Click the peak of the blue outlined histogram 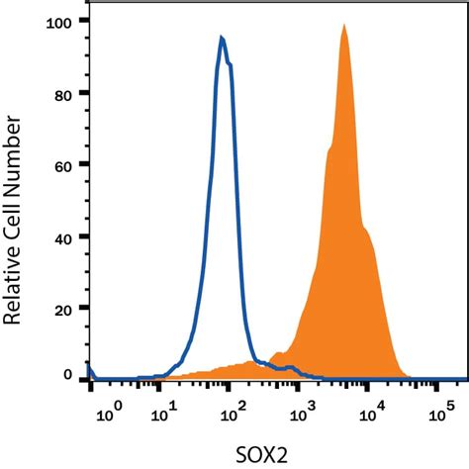click(x=222, y=39)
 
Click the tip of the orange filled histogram click(x=343, y=26)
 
